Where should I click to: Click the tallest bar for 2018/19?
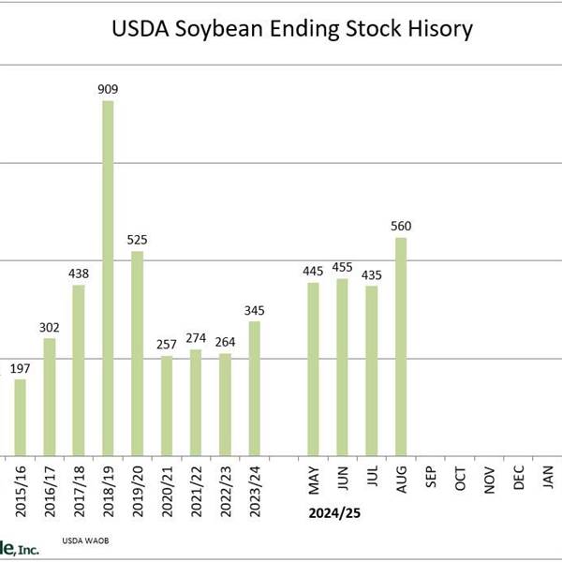click(108, 278)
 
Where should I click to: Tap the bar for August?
click(401, 347)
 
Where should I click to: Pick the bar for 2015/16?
click(20, 417)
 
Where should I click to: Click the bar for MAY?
click(313, 368)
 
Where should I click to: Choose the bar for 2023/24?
click(254, 389)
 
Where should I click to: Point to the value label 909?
click(108, 90)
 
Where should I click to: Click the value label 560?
click(401, 226)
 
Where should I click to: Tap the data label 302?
click(49, 327)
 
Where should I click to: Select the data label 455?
click(342, 268)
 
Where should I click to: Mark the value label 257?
click(167, 346)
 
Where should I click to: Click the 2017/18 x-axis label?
click(79, 486)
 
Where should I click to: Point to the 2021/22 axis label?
click(196, 486)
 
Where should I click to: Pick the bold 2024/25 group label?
click(335, 514)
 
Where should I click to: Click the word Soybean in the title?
click(221, 28)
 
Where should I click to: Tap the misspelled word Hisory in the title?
click(437, 28)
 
